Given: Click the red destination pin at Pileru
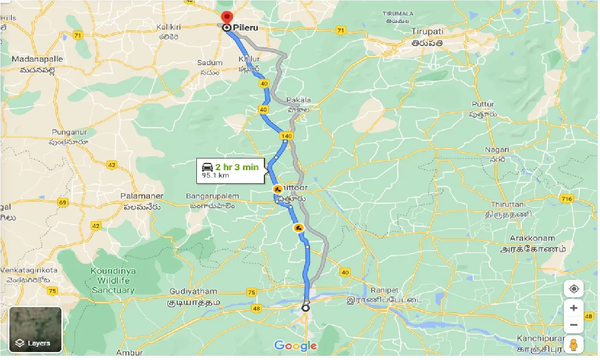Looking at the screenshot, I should point(227,18).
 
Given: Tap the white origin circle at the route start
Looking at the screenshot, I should point(306,308).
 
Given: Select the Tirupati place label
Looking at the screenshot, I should point(427,31).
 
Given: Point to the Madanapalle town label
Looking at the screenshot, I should point(37,60).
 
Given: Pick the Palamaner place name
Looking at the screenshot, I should point(142,196).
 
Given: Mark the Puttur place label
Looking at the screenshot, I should point(483,104).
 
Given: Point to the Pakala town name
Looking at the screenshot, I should point(299,100).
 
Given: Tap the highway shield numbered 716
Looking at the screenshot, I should point(566,199).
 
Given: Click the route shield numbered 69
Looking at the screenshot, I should point(63,202).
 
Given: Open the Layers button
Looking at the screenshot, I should point(36,330).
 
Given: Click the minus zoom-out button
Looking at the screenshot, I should point(574,324).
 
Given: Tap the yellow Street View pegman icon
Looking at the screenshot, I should point(574,345).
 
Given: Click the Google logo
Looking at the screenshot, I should point(295,346).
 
